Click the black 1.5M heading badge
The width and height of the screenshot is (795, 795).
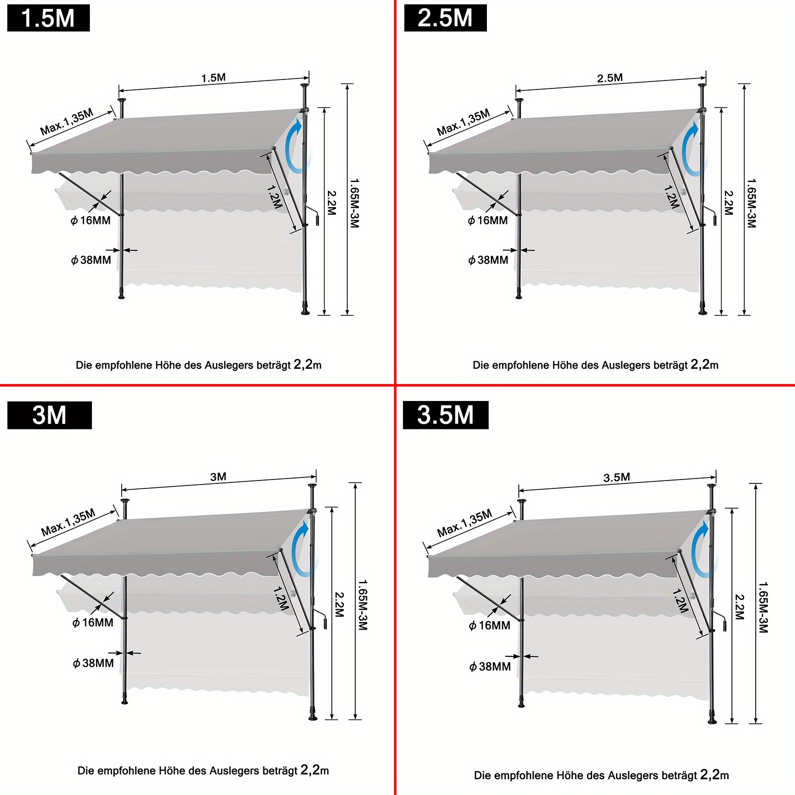(x=49, y=18)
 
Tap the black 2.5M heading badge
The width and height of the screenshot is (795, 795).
(x=445, y=18)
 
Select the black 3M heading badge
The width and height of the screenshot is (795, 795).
(x=50, y=415)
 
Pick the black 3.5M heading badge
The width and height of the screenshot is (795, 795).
(x=446, y=415)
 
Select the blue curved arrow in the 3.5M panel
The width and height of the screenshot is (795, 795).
(x=701, y=549)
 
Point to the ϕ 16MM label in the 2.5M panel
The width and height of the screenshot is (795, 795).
(x=487, y=221)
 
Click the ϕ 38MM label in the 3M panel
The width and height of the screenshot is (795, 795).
(x=93, y=663)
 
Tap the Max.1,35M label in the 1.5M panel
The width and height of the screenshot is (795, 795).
(x=67, y=122)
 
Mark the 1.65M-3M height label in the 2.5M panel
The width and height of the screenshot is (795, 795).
(x=751, y=203)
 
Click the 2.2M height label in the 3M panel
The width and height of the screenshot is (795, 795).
(x=339, y=604)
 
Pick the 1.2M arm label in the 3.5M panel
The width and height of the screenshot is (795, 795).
(x=680, y=600)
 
